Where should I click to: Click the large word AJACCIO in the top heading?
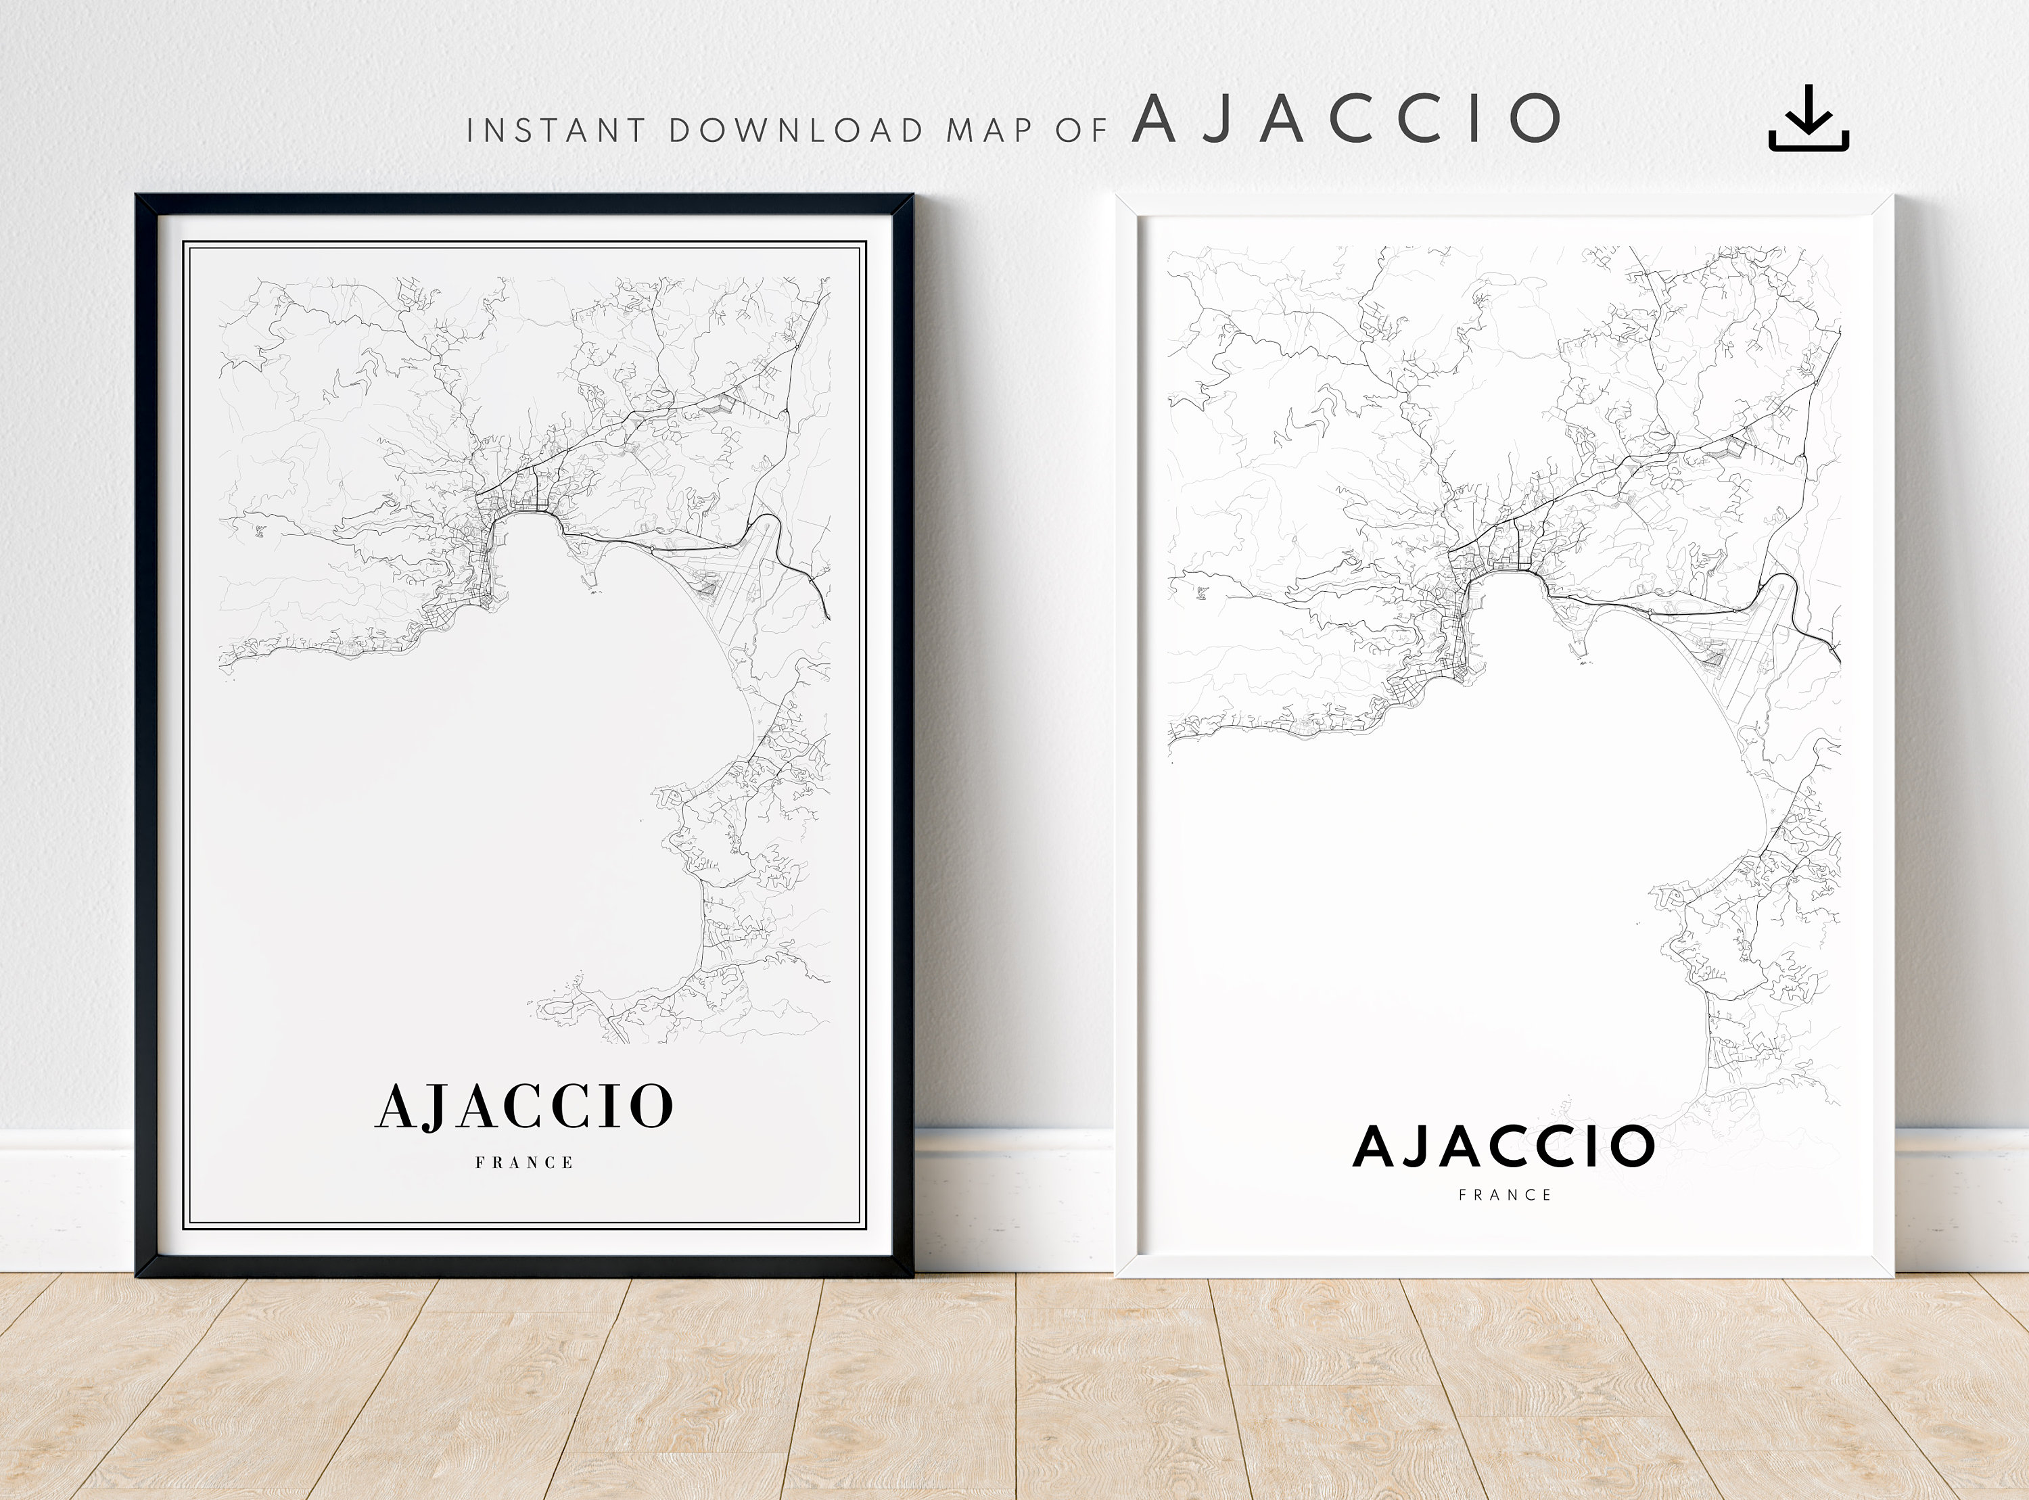point(1347,119)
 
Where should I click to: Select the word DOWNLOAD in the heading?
point(796,131)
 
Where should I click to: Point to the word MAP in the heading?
point(989,131)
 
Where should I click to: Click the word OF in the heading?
point(1081,131)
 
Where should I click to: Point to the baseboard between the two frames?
point(1014,1198)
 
